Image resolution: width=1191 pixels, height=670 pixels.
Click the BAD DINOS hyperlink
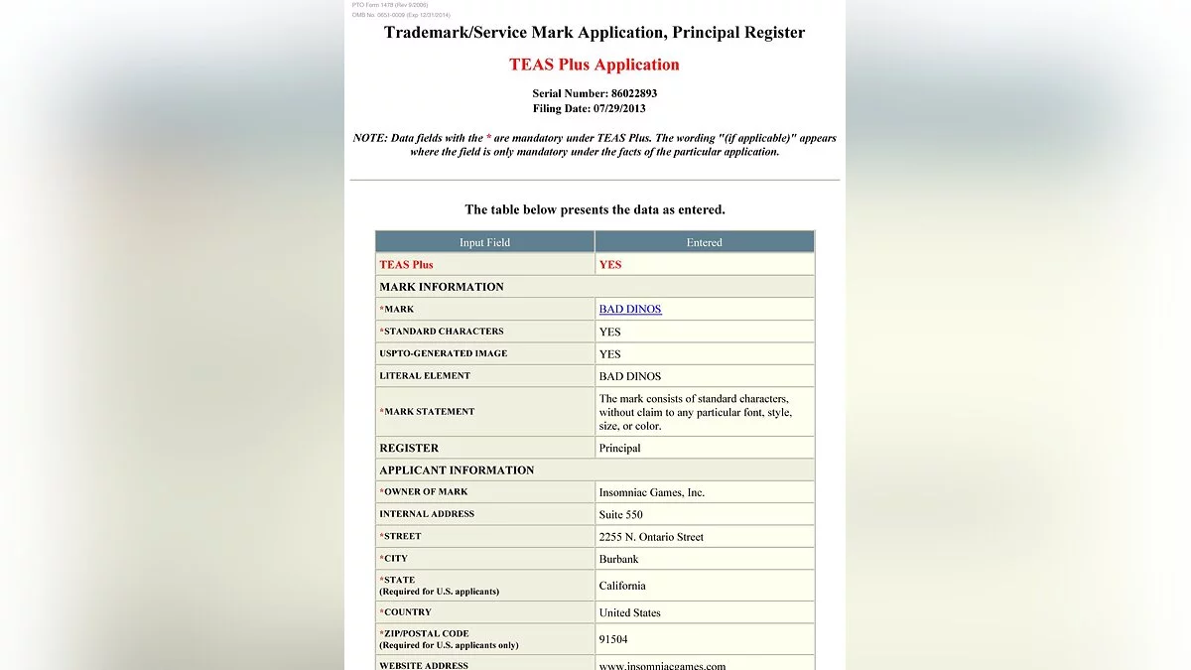point(630,309)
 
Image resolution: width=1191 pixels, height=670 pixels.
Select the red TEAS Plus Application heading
point(595,65)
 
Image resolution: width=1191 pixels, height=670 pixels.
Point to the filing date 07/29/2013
point(619,108)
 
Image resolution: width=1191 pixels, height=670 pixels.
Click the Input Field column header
point(484,242)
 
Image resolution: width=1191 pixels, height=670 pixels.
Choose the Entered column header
point(705,242)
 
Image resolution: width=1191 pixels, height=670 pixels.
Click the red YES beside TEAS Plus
point(610,264)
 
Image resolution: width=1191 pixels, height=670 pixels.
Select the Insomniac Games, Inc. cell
point(652,492)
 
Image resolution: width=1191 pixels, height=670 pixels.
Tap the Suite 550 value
point(621,514)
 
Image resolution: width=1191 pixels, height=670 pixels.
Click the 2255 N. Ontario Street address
point(651,537)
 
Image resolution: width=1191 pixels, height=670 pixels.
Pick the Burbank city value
point(619,559)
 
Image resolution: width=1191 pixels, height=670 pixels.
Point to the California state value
point(622,586)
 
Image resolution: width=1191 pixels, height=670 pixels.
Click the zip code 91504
point(613,639)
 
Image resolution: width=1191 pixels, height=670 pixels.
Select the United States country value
point(630,612)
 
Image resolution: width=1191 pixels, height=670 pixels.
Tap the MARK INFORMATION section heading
point(442,287)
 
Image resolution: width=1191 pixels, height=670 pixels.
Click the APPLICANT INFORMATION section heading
point(457,469)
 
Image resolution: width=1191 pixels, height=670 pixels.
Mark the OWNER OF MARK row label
point(426,491)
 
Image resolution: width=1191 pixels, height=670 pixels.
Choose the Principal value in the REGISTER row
point(620,448)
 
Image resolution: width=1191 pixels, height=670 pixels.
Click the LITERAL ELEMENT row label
point(425,375)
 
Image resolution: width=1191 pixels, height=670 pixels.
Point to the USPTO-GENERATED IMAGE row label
point(443,353)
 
